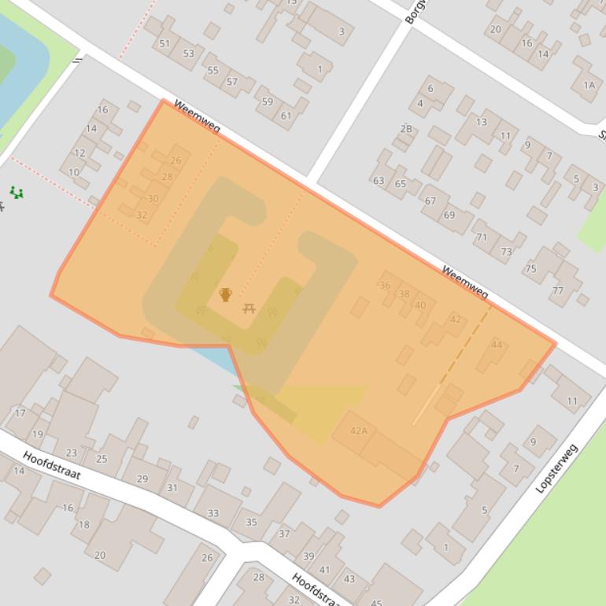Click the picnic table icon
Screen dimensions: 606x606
pyautogui.click(x=249, y=308)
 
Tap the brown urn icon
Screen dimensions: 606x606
pyautogui.click(x=226, y=295)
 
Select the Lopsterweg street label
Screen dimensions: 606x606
pyautogui.click(x=557, y=468)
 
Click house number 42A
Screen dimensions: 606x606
pyautogui.click(x=359, y=430)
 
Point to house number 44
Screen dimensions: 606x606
pyautogui.click(x=496, y=345)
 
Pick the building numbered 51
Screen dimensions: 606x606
pyautogui.click(x=164, y=43)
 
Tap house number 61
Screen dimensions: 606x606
pyautogui.click(x=286, y=116)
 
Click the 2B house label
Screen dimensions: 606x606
pyautogui.click(x=406, y=128)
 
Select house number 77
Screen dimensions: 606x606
pyautogui.click(x=557, y=290)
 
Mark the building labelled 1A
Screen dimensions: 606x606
pyautogui.click(x=589, y=85)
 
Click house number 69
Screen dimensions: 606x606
pyautogui.click(x=449, y=215)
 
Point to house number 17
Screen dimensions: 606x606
pyautogui.click(x=20, y=412)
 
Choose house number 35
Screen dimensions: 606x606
pyautogui.click(x=251, y=522)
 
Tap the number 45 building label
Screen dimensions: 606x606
pyautogui.click(x=376, y=604)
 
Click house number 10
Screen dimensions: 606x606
pyautogui.click(x=73, y=172)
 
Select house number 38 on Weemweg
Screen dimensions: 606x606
pyautogui.click(x=405, y=294)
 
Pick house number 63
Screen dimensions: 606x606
pyautogui.click(x=379, y=180)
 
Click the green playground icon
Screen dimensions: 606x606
pyautogui.click(x=16, y=192)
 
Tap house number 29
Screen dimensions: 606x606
pyautogui.click(x=142, y=479)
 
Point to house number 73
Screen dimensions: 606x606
pyautogui.click(x=506, y=252)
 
